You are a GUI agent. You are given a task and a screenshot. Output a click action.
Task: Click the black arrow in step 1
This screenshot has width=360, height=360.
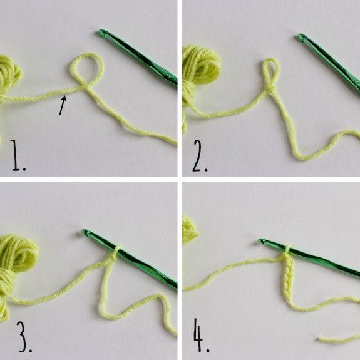pos(63,105)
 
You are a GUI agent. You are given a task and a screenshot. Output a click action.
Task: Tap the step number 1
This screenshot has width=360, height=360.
pos(18,155)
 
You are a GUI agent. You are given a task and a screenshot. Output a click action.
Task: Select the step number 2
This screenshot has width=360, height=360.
pos(200,156)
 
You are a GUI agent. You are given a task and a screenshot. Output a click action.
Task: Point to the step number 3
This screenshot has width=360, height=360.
pos(24,337)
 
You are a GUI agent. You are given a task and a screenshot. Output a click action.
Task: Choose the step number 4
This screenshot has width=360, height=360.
pos(201,335)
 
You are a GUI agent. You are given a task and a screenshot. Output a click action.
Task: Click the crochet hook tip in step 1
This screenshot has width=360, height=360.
pos(101,33)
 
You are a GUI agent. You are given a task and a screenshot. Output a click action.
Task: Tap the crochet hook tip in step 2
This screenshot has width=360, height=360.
pos(301,37)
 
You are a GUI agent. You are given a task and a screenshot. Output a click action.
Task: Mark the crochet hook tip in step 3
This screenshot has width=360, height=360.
pos(85,233)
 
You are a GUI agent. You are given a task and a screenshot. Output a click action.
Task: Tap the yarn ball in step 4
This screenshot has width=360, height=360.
pos(189,230)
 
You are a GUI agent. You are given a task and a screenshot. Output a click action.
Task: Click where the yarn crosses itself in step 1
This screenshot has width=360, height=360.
pos(83,88)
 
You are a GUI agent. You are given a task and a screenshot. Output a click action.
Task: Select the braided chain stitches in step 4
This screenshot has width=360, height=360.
pos(287,278)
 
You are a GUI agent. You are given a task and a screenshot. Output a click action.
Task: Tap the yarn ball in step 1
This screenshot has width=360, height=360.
pos(9,76)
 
